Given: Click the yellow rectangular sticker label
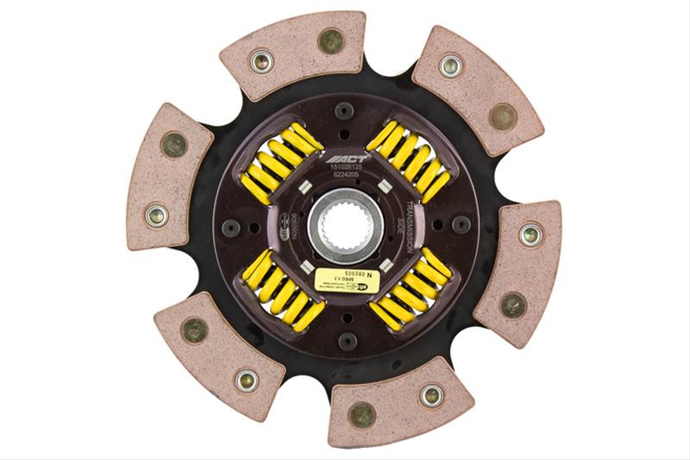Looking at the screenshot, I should (x=344, y=278).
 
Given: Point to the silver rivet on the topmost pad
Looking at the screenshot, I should (x=261, y=61).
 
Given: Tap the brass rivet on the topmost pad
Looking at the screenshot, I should (x=330, y=40).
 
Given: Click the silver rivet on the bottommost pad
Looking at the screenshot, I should (x=431, y=394).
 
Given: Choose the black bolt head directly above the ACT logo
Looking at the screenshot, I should (x=345, y=111).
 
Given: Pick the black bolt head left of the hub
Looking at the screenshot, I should (x=231, y=228).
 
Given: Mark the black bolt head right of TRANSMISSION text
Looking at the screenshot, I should (x=461, y=224).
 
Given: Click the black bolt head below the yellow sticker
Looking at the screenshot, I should (x=345, y=341).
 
